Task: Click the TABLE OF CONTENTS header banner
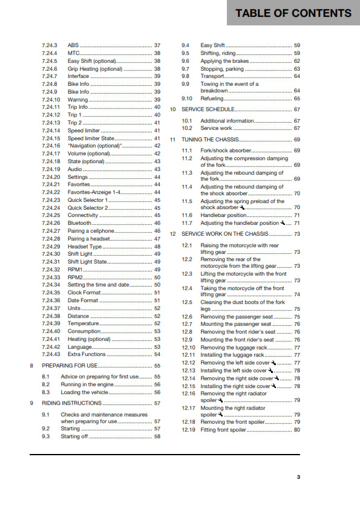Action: pyautogui.click(x=293, y=13)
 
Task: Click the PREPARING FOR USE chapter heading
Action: pyautogui.click(x=71, y=366)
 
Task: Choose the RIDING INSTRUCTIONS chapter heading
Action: pyautogui.click(x=71, y=403)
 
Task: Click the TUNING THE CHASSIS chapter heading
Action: pyautogui.click(x=209, y=139)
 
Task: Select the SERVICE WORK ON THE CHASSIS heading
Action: pyautogui.click(x=224, y=233)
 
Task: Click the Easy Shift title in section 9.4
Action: pyautogui.click(x=213, y=45)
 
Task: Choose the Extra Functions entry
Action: pyautogui.click(x=87, y=354)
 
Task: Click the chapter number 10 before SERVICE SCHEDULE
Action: pyautogui.click(x=172, y=109)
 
